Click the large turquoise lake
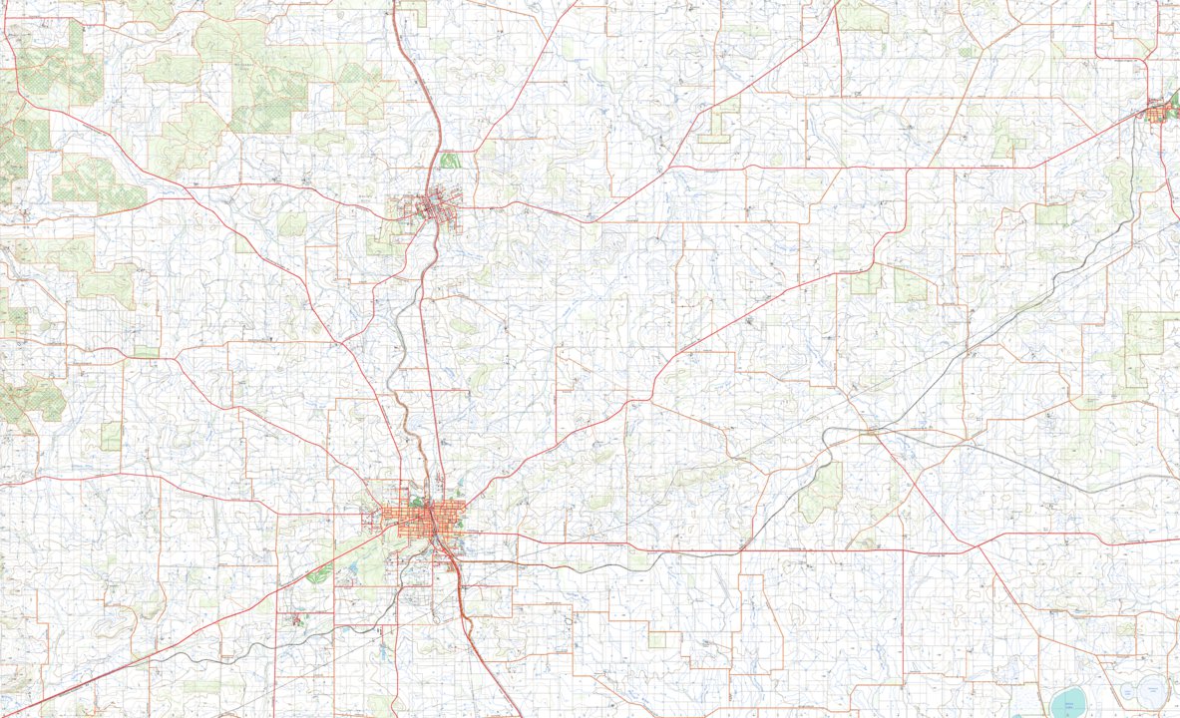click(x=1066, y=703)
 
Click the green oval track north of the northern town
click(x=450, y=160)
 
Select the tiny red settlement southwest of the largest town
click(x=296, y=619)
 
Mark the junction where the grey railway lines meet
click(x=871, y=430)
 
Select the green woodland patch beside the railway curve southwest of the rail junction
click(x=820, y=494)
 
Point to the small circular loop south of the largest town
click(x=569, y=621)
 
